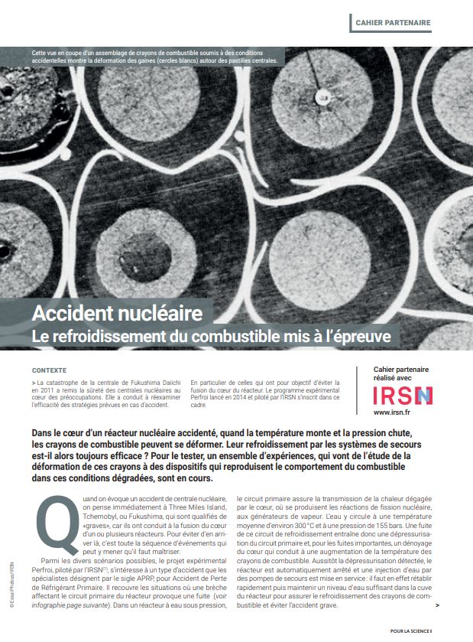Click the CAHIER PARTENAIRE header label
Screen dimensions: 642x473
point(393,22)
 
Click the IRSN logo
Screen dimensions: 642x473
point(402,396)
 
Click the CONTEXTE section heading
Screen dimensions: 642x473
point(50,370)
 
